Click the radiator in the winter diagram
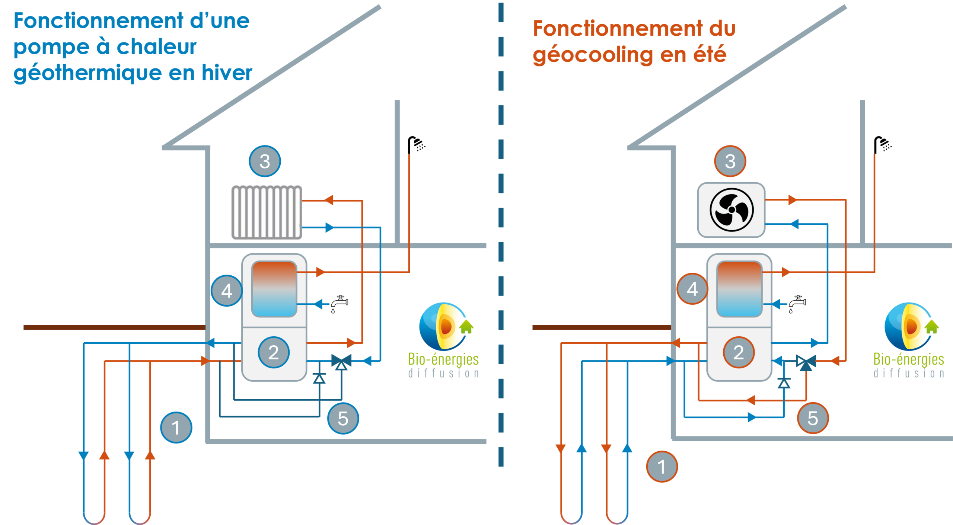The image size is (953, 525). pyautogui.click(x=266, y=212)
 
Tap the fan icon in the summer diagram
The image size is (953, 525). pyautogui.click(x=731, y=210)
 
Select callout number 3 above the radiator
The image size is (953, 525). pyautogui.click(x=265, y=161)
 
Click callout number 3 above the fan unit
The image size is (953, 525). pyautogui.click(x=730, y=161)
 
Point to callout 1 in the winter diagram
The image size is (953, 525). pyautogui.click(x=176, y=427)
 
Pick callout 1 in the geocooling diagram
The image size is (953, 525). pyautogui.click(x=662, y=467)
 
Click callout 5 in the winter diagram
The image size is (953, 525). pyautogui.click(x=343, y=418)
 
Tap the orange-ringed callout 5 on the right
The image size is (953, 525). pyautogui.click(x=813, y=418)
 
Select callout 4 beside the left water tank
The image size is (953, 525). pyautogui.click(x=227, y=291)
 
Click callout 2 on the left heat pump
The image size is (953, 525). pyautogui.click(x=274, y=352)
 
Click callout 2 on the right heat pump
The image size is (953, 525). pyautogui.click(x=739, y=352)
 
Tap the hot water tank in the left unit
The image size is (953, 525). pyautogui.click(x=274, y=289)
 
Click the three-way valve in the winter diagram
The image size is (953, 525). pyautogui.click(x=341, y=361)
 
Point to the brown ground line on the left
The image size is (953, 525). pyautogui.click(x=114, y=327)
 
